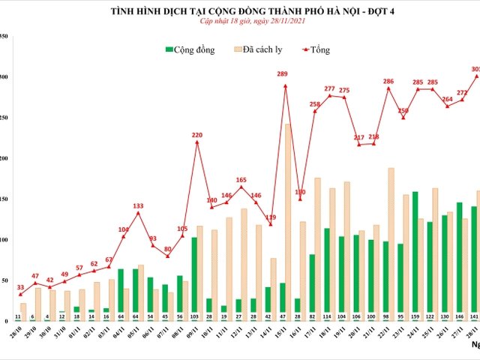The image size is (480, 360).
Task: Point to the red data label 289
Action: tap(283, 74)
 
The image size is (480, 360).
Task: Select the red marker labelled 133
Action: tap(138, 213)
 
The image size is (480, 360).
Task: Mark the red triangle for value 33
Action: tap(20, 295)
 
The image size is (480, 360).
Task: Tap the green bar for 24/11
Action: tap(415, 256)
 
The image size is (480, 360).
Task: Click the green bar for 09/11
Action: tap(194, 278)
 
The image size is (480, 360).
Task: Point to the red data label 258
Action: tap(315, 104)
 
